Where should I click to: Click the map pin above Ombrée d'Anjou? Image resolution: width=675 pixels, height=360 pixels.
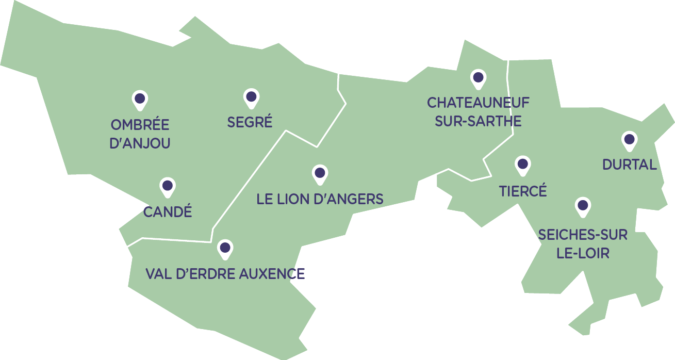click(139, 99)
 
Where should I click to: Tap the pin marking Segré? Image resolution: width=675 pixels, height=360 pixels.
click(251, 97)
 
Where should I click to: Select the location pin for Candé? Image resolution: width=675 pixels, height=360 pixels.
click(167, 186)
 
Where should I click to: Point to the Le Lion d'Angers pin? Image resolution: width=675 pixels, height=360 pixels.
click(320, 173)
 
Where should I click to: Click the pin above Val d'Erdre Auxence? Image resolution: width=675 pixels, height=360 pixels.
click(225, 248)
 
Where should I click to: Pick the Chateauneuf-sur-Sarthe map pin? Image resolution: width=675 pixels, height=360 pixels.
click(479, 78)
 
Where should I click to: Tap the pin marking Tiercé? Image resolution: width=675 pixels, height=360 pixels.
click(523, 165)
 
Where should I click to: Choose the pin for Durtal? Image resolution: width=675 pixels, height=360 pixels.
click(629, 139)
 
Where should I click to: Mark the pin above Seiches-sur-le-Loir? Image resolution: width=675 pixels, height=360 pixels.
click(583, 206)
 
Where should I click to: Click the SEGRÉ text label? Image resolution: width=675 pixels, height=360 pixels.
click(250, 123)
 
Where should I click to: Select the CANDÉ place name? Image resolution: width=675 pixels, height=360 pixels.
click(168, 211)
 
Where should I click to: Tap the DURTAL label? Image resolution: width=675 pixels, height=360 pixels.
click(630, 165)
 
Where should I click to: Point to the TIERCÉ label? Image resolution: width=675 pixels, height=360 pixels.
click(523, 191)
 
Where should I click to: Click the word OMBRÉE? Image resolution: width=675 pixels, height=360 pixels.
click(140, 125)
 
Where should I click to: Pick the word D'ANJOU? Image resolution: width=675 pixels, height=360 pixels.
click(140, 143)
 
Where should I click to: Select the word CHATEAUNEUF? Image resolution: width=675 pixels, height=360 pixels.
click(478, 103)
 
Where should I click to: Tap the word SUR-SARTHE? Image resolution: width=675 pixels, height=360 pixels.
click(478, 121)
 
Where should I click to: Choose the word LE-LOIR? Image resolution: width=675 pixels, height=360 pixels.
click(583, 253)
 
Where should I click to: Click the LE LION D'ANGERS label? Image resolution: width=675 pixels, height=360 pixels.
click(320, 199)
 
